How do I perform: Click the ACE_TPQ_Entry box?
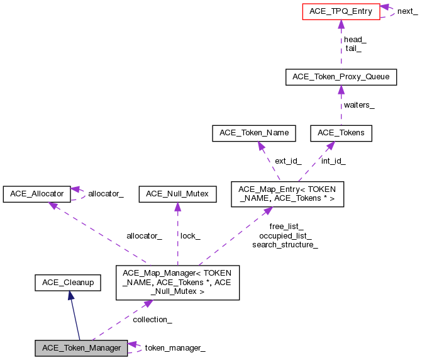(x=341, y=11)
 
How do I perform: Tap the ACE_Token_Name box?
(x=254, y=133)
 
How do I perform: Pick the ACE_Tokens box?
(x=341, y=133)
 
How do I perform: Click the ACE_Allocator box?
(x=35, y=194)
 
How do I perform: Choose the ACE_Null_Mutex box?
(x=177, y=194)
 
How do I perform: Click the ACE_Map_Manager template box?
(x=177, y=283)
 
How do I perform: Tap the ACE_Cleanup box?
(x=68, y=283)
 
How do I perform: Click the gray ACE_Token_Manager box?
(x=81, y=348)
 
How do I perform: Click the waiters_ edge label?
(x=359, y=105)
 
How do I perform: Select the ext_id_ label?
(x=288, y=161)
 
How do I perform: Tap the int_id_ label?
(x=333, y=161)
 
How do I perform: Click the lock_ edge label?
(x=191, y=235)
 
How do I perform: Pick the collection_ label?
(x=152, y=320)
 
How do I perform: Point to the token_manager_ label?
(x=175, y=348)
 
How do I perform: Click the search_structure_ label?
(x=285, y=244)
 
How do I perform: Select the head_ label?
(x=355, y=39)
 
